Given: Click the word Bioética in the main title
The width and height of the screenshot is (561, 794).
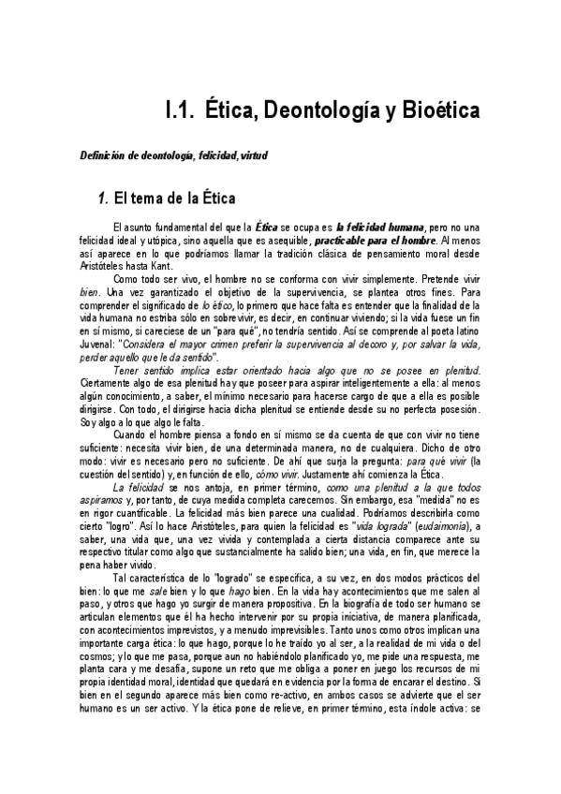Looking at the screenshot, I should pyautogui.click(x=431, y=111).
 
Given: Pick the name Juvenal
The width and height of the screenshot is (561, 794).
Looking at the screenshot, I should pyautogui.click(x=101, y=344).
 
